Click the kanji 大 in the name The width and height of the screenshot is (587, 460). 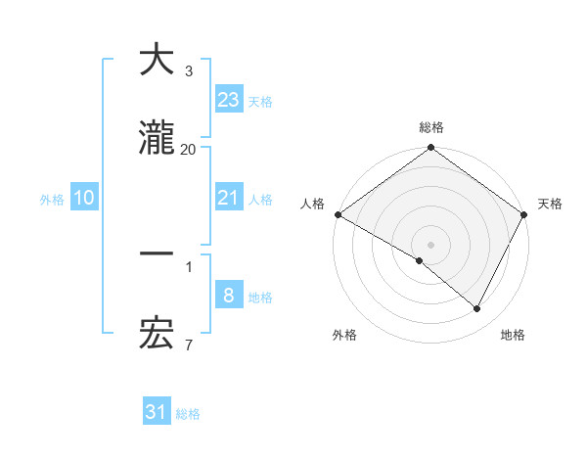157,60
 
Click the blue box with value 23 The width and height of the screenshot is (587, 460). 228,99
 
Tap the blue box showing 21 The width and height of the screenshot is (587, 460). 228,198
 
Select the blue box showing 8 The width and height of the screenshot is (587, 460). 228,296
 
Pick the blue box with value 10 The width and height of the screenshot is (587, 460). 84,198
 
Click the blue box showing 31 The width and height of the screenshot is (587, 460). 157,412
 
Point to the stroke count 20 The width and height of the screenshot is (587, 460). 188,149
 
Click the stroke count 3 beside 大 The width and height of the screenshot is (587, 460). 188,70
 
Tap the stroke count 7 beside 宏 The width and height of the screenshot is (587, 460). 188,345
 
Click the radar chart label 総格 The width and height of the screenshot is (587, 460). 431,128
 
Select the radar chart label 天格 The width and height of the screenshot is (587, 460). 550,204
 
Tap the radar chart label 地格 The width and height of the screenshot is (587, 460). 513,336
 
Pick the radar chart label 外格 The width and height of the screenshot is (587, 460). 344,336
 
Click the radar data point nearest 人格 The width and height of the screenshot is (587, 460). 338,214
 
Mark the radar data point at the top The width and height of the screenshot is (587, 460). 431,149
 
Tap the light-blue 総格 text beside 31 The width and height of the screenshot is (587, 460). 188,414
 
